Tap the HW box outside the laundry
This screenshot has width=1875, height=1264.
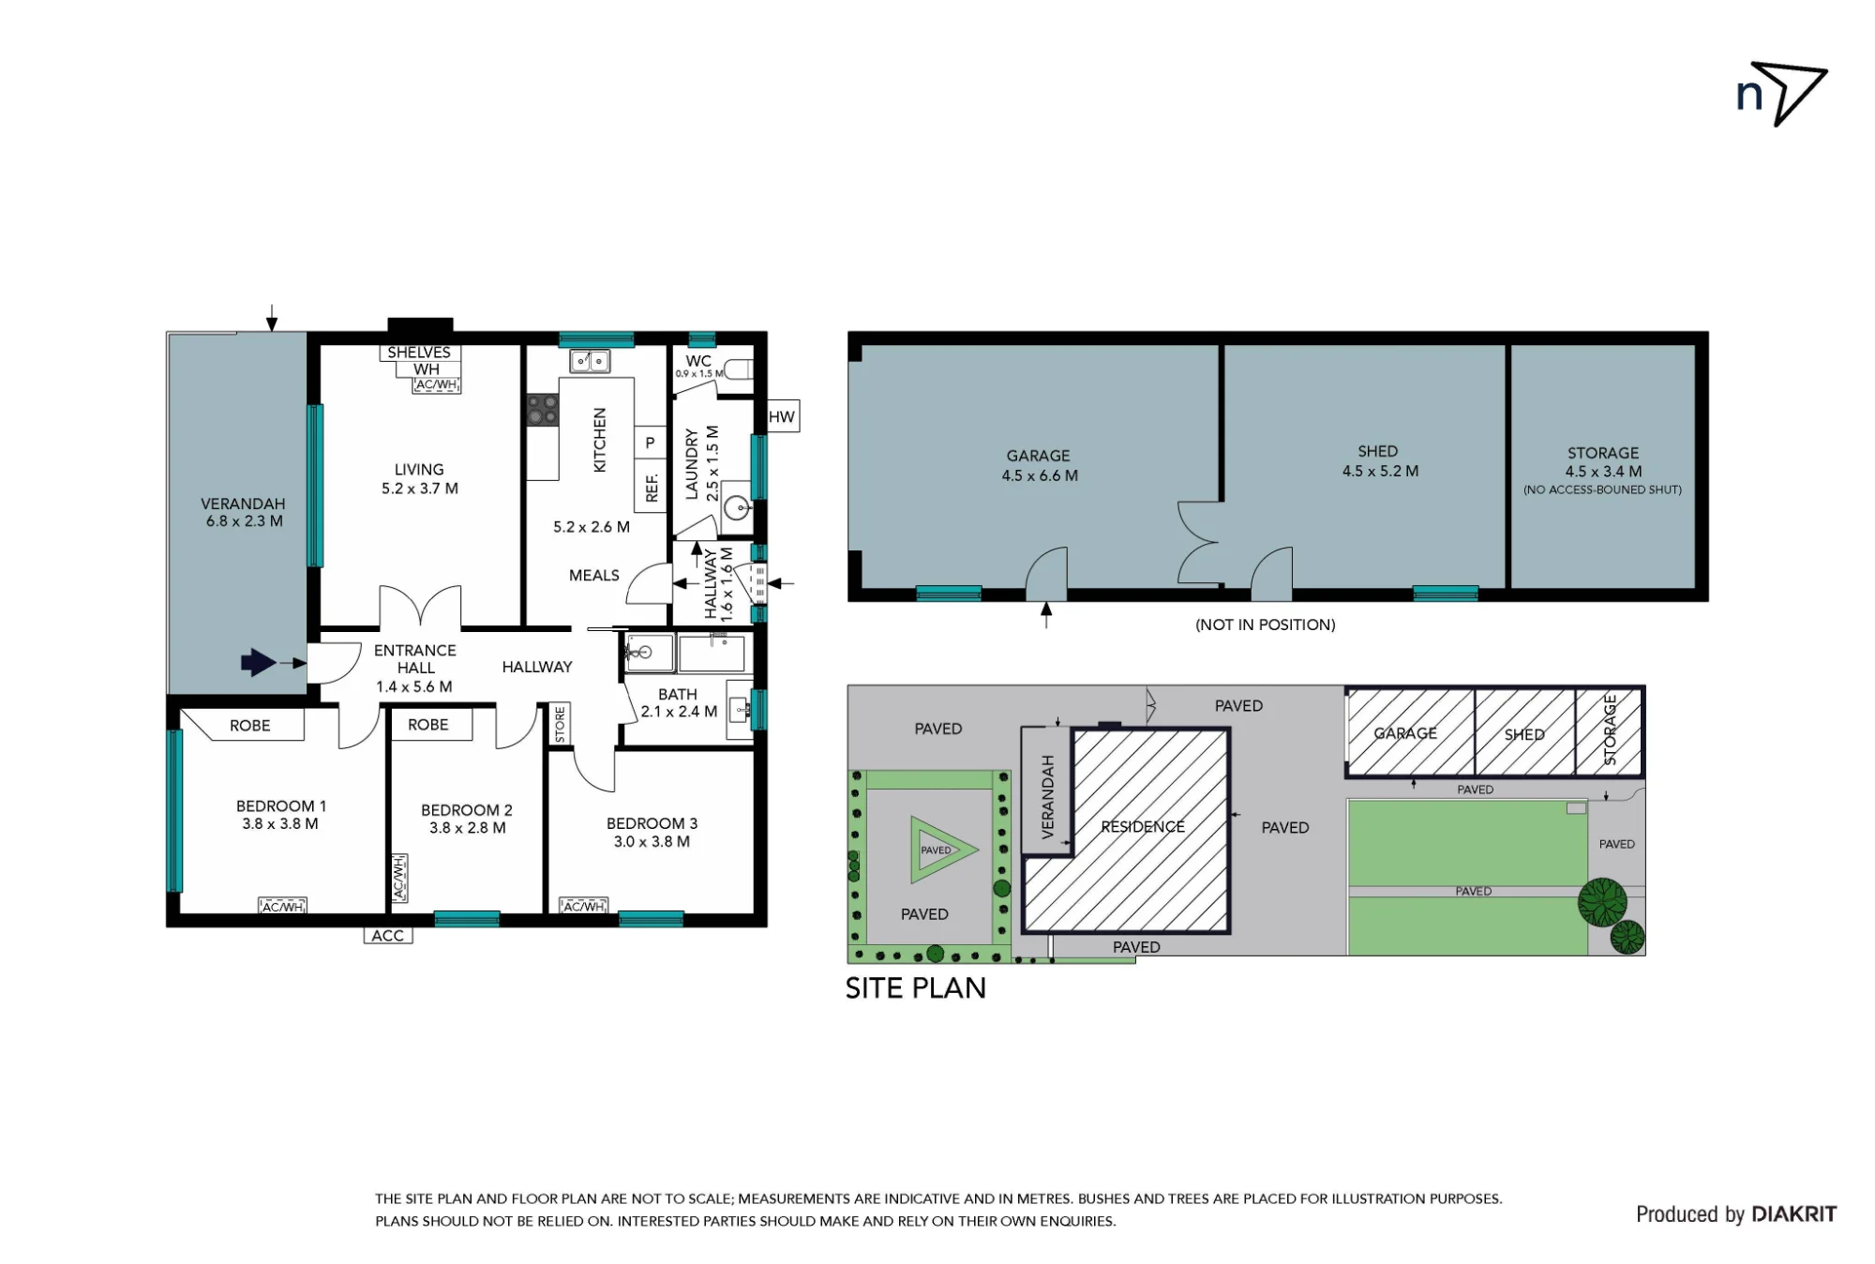(782, 417)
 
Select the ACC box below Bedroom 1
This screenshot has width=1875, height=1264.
(388, 936)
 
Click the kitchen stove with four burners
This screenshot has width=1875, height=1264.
(542, 410)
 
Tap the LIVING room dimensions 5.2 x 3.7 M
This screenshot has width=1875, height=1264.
(420, 489)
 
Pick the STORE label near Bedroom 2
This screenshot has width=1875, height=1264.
(560, 725)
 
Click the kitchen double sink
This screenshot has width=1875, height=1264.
(590, 361)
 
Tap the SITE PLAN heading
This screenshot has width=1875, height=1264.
(915, 988)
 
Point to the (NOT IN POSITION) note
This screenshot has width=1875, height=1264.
(1265, 624)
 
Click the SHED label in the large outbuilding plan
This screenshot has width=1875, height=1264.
(1378, 452)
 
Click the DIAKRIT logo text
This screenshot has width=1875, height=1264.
(1793, 1214)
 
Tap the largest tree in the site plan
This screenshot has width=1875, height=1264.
(1602, 902)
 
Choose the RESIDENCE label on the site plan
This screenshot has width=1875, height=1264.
(1143, 827)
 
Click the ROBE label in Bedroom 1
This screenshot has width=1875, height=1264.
(249, 726)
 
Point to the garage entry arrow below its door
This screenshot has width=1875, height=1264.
(1046, 615)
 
